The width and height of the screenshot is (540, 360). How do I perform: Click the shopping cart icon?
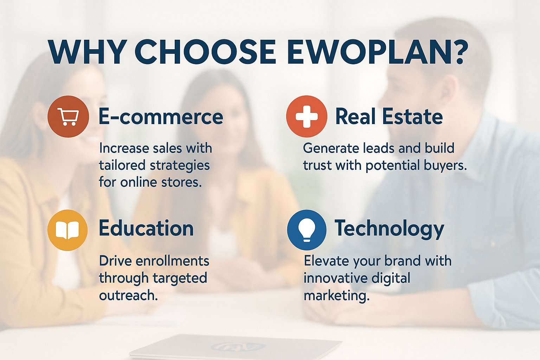(68, 116)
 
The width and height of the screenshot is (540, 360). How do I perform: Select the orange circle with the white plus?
(307, 116)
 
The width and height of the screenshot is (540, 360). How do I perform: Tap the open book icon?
(67, 230)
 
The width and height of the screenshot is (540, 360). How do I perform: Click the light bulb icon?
(307, 230)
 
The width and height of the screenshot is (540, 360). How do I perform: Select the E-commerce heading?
(161, 117)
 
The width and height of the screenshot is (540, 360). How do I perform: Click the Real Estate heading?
(389, 117)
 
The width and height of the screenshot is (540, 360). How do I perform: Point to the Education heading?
(146, 228)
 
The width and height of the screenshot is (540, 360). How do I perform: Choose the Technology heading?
(389, 229)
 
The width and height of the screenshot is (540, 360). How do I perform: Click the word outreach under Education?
(128, 295)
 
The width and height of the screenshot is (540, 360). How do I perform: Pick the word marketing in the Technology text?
(336, 295)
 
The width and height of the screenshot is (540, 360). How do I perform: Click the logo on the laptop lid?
(238, 347)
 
